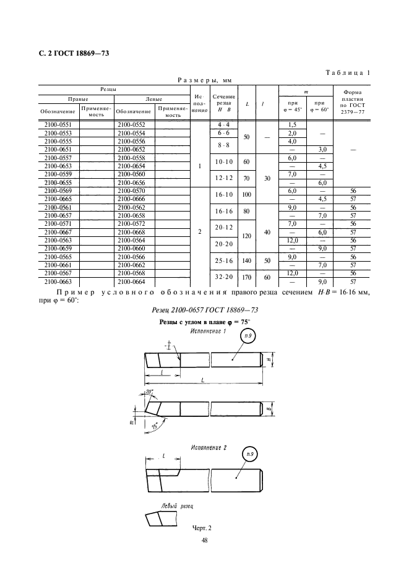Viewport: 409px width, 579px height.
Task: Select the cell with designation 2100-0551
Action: [59, 125]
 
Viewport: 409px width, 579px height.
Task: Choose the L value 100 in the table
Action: [246, 195]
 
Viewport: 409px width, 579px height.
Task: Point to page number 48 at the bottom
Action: [204, 541]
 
